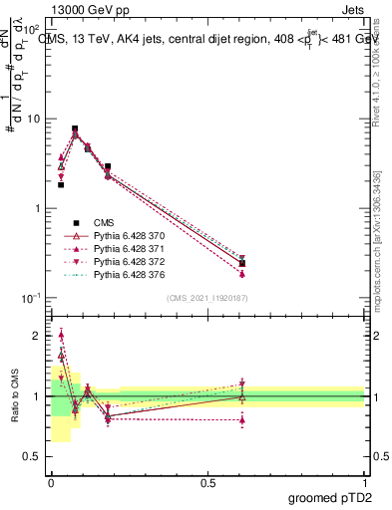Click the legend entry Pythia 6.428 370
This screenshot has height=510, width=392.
click(x=125, y=235)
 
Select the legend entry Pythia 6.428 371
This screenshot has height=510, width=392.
click(x=125, y=248)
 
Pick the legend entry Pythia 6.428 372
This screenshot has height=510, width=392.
click(x=125, y=261)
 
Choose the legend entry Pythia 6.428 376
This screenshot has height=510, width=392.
click(x=125, y=274)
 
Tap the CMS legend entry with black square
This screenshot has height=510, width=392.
click(x=106, y=222)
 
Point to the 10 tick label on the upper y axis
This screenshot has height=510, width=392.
click(x=31, y=119)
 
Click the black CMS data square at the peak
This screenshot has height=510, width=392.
click(x=75, y=128)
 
